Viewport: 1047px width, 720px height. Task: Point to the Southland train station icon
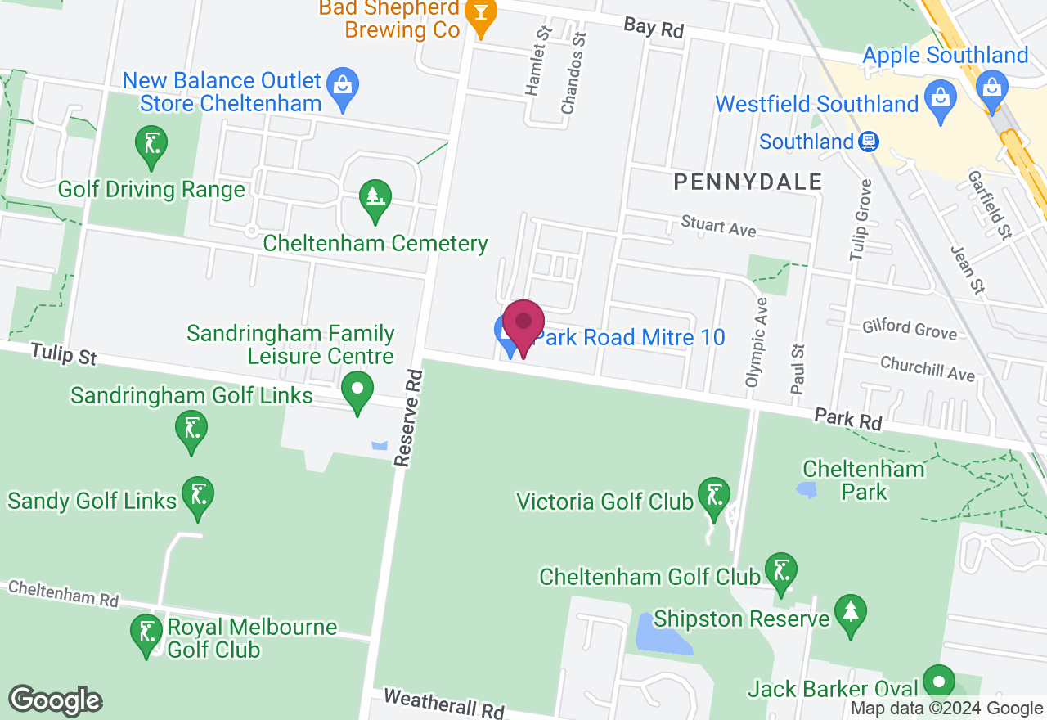click(x=869, y=142)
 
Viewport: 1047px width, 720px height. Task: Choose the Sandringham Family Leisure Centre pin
click(x=357, y=390)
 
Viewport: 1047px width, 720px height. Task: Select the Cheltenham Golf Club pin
click(x=780, y=571)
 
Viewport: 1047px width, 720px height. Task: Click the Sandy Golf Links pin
click(x=198, y=497)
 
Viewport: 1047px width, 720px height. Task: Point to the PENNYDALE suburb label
click(x=748, y=182)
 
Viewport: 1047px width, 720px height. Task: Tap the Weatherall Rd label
click(x=443, y=703)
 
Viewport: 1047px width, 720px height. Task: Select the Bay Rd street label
click(x=653, y=27)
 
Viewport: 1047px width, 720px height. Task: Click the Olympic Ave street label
click(x=757, y=342)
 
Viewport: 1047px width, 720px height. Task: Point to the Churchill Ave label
click(x=928, y=368)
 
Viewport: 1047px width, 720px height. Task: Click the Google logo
click(x=56, y=701)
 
